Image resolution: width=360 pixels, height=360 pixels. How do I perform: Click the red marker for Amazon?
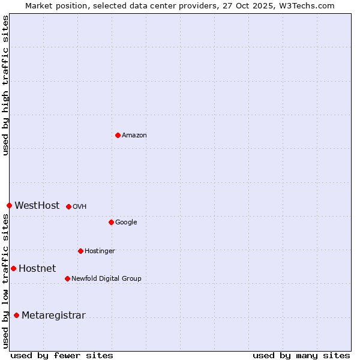[x=118, y=135]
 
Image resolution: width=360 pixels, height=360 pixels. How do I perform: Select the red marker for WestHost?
[x=9, y=205]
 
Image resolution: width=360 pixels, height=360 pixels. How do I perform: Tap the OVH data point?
[x=68, y=206]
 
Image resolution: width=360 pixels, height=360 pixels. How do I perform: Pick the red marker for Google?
[x=111, y=222]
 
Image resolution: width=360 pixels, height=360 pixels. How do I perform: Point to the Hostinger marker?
[x=80, y=251]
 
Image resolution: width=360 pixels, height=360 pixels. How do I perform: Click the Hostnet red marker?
[x=13, y=268]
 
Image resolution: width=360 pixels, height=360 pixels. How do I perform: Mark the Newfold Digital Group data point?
[x=67, y=278]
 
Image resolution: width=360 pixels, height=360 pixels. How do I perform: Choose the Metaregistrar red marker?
[x=16, y=315]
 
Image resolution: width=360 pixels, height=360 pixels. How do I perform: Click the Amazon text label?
[x=134, y=136]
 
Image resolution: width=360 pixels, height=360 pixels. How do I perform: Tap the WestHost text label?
[x=37, y=205]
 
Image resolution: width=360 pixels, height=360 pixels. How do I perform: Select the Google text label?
[x=126, y=223]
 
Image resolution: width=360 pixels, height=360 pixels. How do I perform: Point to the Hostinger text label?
[x=100, y=251]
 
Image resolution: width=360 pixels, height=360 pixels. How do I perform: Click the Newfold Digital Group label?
[x=106, y=278]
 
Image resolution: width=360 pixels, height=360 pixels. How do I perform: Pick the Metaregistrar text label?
[x=53, y=316]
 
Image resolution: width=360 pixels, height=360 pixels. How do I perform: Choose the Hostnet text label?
[x=37, y=269]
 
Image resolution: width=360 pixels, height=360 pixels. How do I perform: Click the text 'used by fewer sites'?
[x=62, y=355]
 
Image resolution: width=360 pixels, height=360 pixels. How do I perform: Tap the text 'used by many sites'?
[x=301, y=355]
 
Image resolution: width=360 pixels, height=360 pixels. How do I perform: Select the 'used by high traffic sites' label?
[x=5, y=85]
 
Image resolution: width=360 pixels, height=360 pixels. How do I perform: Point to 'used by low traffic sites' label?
[x=5, y=281]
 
